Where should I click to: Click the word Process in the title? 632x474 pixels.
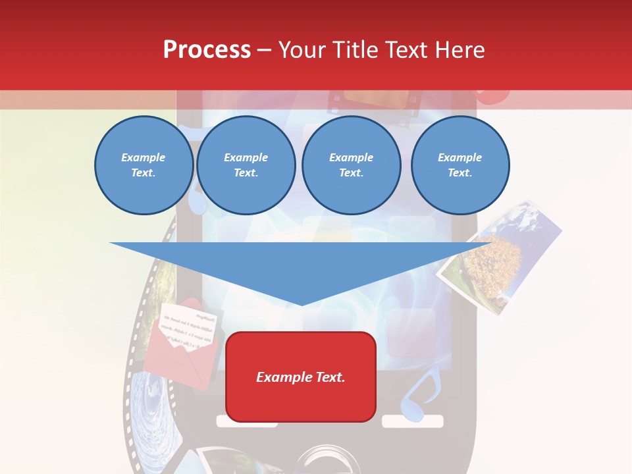click(x=207, y=50)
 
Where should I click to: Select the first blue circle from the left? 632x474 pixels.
click(x=144, y=165)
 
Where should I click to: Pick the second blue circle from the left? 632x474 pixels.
click(x=246, y=165)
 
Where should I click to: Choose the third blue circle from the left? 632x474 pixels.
click(x=351, y=165)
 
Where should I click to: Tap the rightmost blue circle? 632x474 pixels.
click(x=460, y=165)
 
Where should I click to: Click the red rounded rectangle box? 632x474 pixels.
click(x=300, y=377)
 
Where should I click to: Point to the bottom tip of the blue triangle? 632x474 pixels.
click(x=302, y=304)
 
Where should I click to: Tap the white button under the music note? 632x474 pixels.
click(x=413, y=421)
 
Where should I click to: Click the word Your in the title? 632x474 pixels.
click(x=303, y=50)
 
